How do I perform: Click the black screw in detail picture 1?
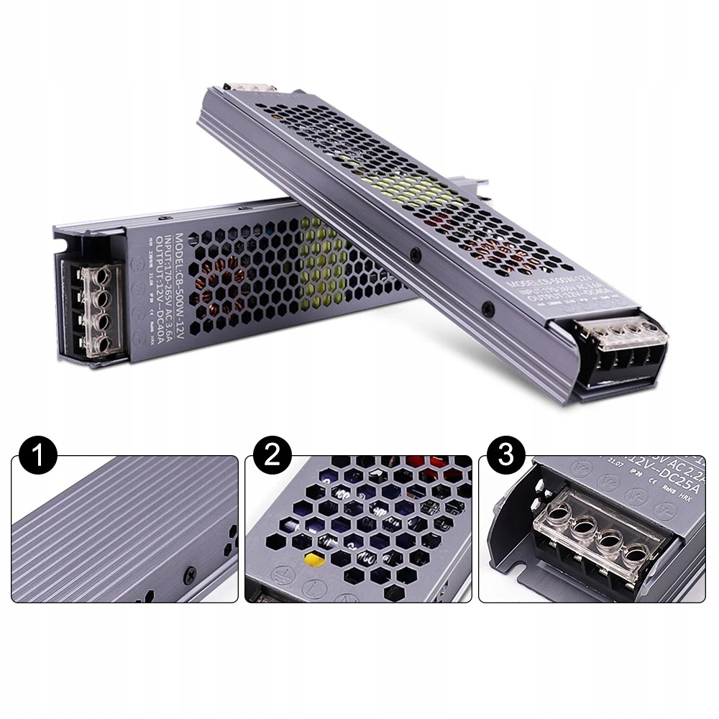pyautogui.click(x=191, y=573)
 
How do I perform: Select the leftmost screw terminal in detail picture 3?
pyautogui.click(x=555, y=515)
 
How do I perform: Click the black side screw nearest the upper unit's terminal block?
pyautogui.click(x=488, y=308)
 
